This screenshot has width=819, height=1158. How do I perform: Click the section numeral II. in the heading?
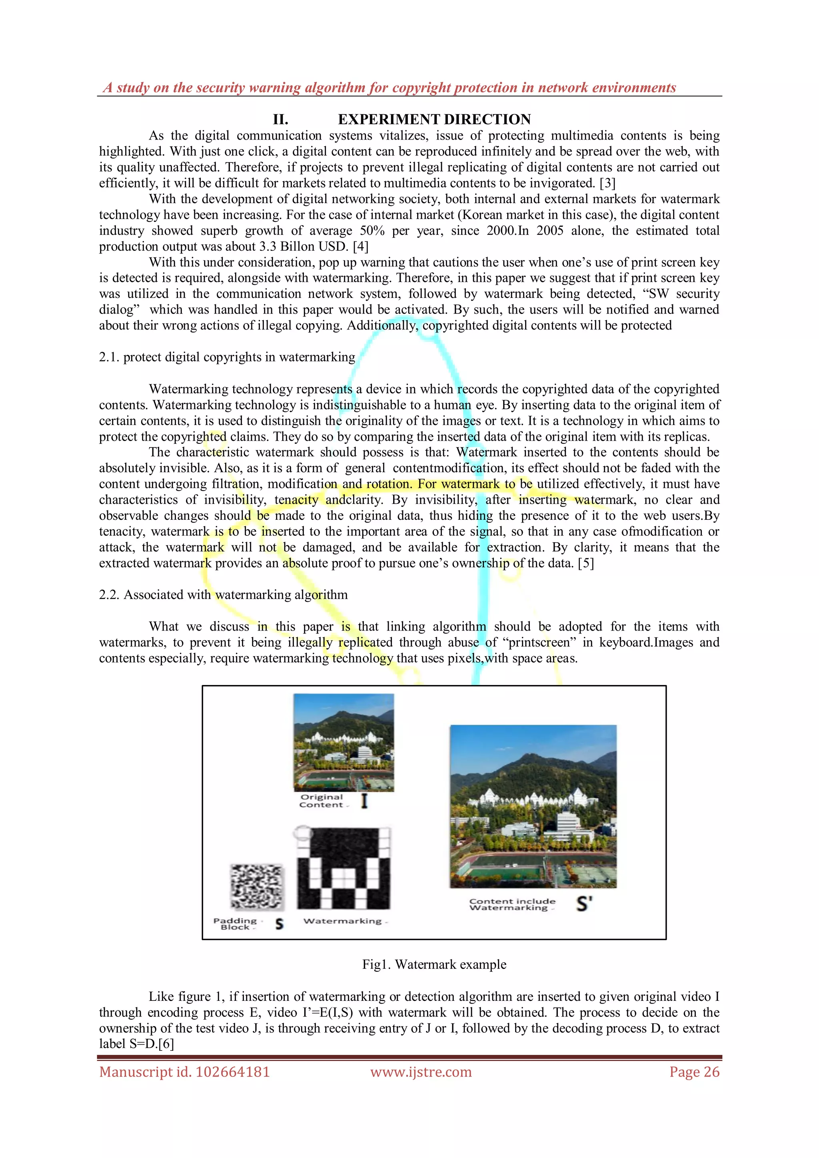280,120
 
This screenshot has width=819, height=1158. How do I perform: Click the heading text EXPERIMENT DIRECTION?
434,120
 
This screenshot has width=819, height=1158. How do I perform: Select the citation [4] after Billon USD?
361,247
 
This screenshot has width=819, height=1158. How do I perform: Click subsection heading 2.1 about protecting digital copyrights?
227,357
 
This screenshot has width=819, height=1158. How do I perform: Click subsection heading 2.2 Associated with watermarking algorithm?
224,595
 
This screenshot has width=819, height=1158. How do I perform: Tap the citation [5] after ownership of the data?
585,563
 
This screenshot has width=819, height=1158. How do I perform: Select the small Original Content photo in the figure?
344,743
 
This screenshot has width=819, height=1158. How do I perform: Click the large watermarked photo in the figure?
533,806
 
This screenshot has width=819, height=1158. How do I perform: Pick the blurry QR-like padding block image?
257,886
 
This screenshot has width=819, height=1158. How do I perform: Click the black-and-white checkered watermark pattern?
344,868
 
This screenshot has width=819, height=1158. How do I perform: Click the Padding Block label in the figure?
235,924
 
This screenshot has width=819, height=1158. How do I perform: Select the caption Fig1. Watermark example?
434,964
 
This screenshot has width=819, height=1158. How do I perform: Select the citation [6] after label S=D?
166,1044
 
